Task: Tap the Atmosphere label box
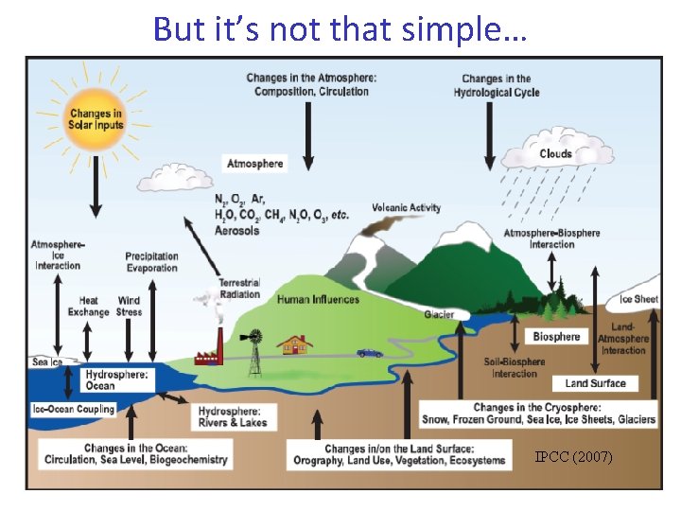[254, 164]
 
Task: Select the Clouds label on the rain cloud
[555, 153]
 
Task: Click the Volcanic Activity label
[407, 208]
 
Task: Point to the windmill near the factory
[253, 343]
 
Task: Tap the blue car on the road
[369, 352]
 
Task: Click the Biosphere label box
[556, 337]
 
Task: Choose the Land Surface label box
[595, 383]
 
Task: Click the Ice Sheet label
[638, 300]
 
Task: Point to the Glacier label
[438, 315]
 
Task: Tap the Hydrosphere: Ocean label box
[116, 380]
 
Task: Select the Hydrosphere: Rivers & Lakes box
[233, 416]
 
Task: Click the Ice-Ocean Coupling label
[72, 410]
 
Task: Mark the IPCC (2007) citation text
[573, 457]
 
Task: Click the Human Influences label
[318, 300]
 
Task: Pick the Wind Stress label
[129, 307]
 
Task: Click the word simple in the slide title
[445, 29]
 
